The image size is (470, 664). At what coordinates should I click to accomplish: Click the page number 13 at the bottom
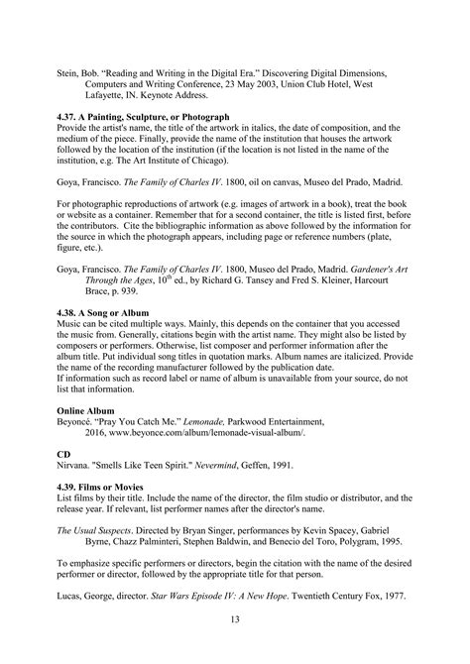coord(235,619)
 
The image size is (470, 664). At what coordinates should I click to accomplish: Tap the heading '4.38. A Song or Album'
coord(104,312)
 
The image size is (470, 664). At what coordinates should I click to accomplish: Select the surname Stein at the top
coord(67,71)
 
